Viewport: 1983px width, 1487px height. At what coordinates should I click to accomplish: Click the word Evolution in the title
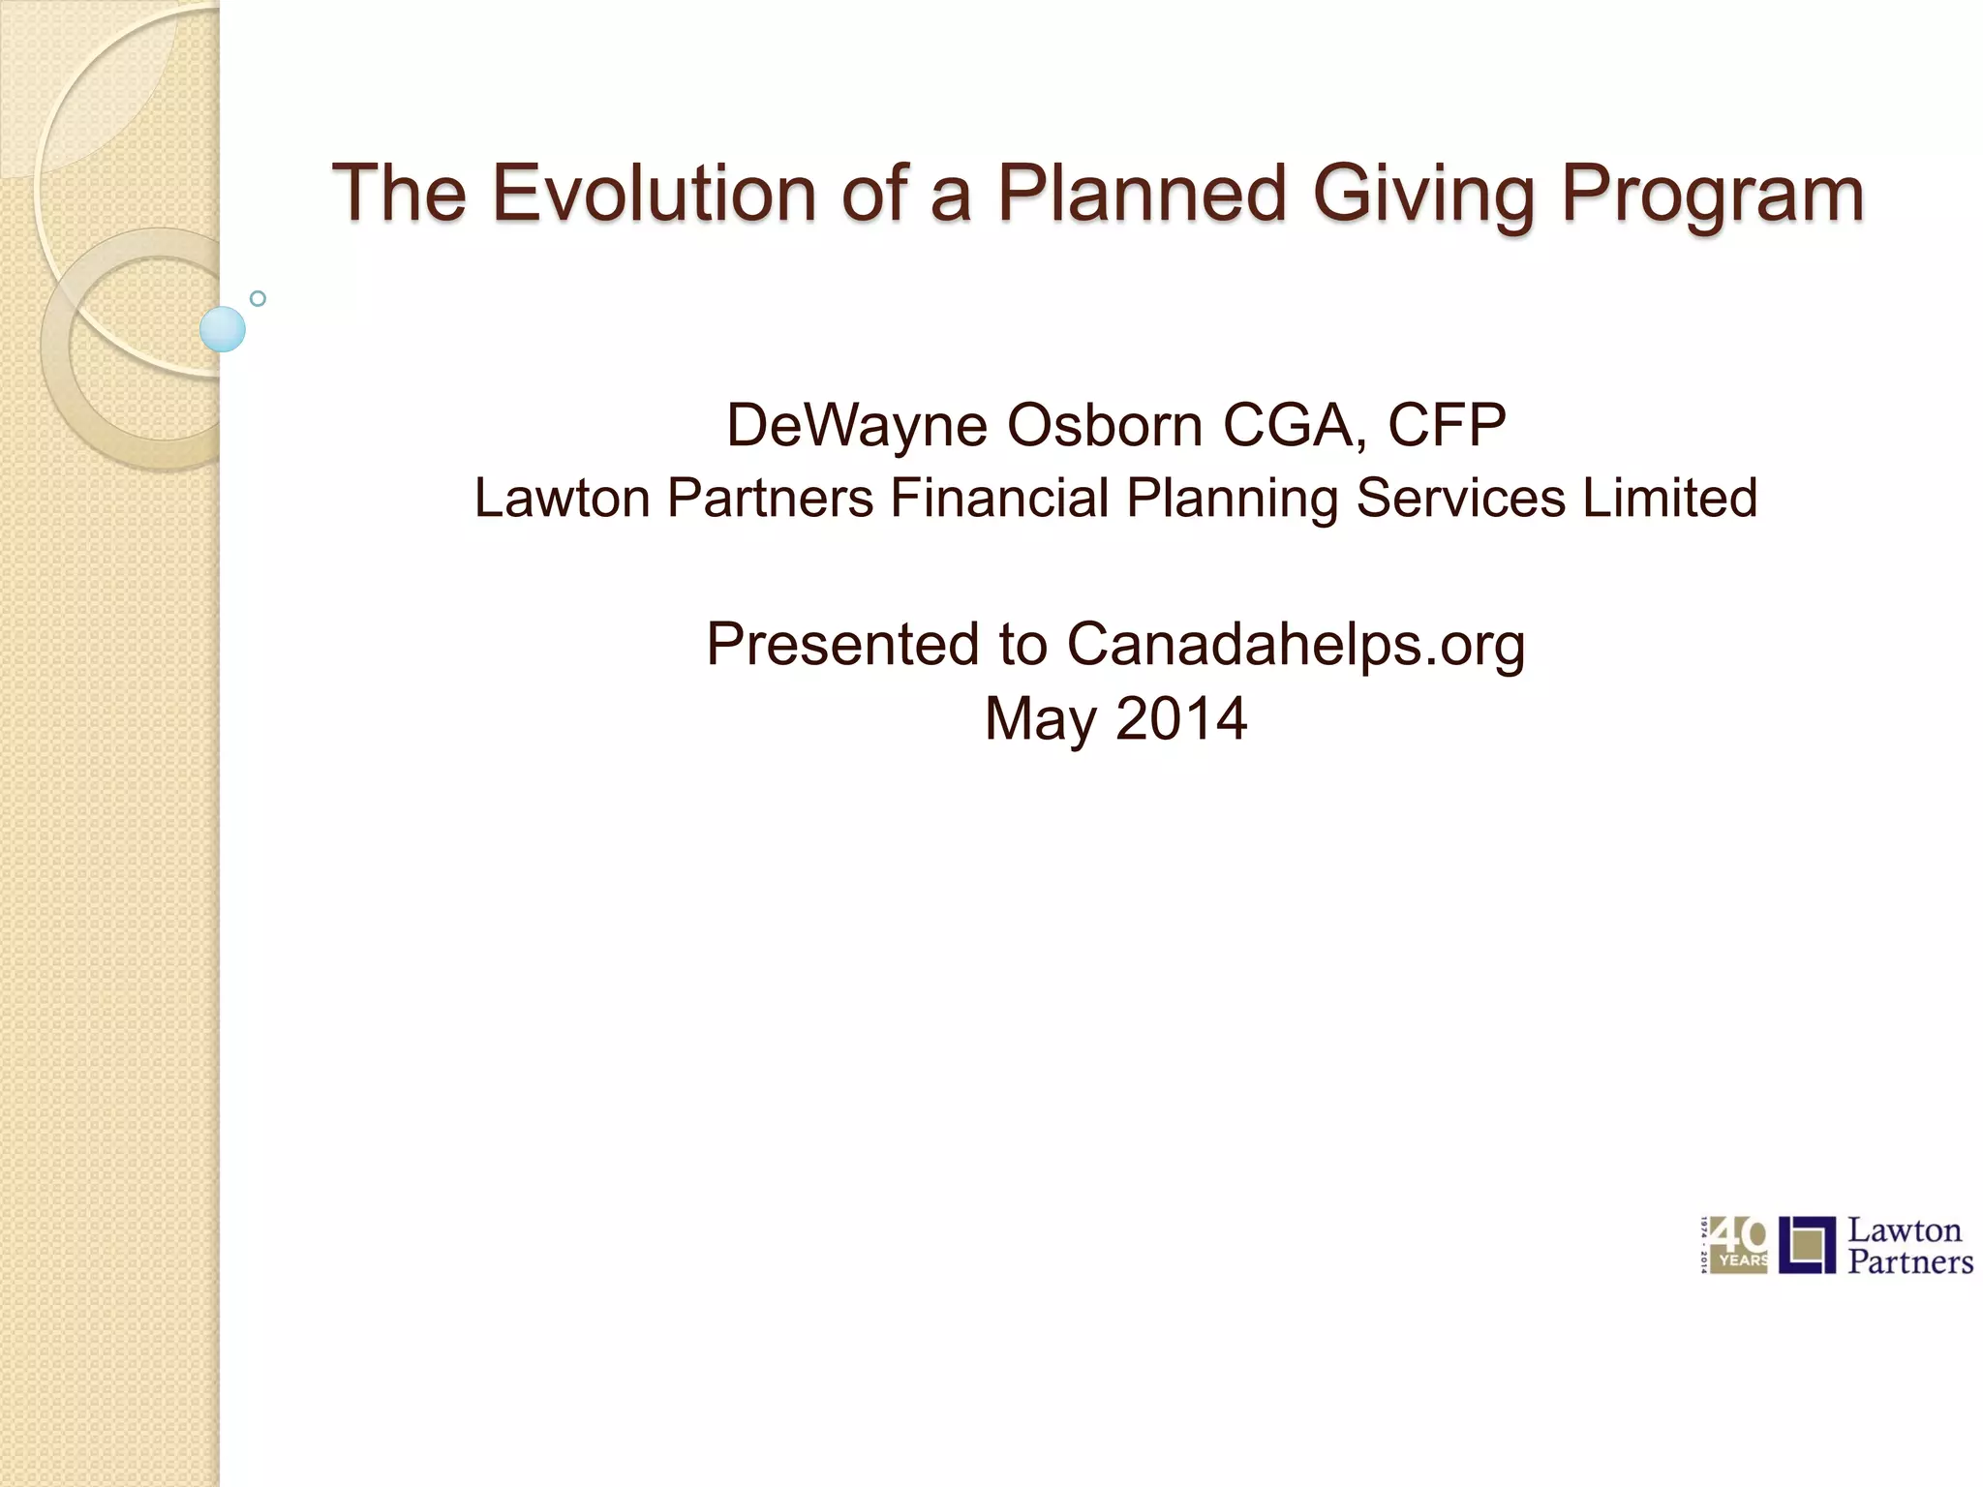click(655, 193)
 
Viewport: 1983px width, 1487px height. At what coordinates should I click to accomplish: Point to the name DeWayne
click(856, 425)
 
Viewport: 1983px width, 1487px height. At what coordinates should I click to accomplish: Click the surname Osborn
click(1104, 425)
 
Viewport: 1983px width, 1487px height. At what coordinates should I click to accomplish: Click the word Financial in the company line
click(998, 498)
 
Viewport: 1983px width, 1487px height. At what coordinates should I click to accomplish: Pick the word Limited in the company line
click(1669, 498)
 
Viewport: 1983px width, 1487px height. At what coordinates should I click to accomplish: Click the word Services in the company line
click(1459, 498)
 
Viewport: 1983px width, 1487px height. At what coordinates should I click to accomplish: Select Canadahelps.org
click(1296, 645)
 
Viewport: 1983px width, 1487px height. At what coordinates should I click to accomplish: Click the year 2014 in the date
click(1181, 718)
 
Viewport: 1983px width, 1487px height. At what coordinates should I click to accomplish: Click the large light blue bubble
click(223, 329)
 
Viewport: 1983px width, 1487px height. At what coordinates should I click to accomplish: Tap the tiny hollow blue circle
click(258, 298)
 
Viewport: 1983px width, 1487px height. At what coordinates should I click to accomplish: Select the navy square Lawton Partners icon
click(1807, 1245)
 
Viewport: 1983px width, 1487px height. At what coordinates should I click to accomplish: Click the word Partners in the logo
click(1909, 1262)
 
